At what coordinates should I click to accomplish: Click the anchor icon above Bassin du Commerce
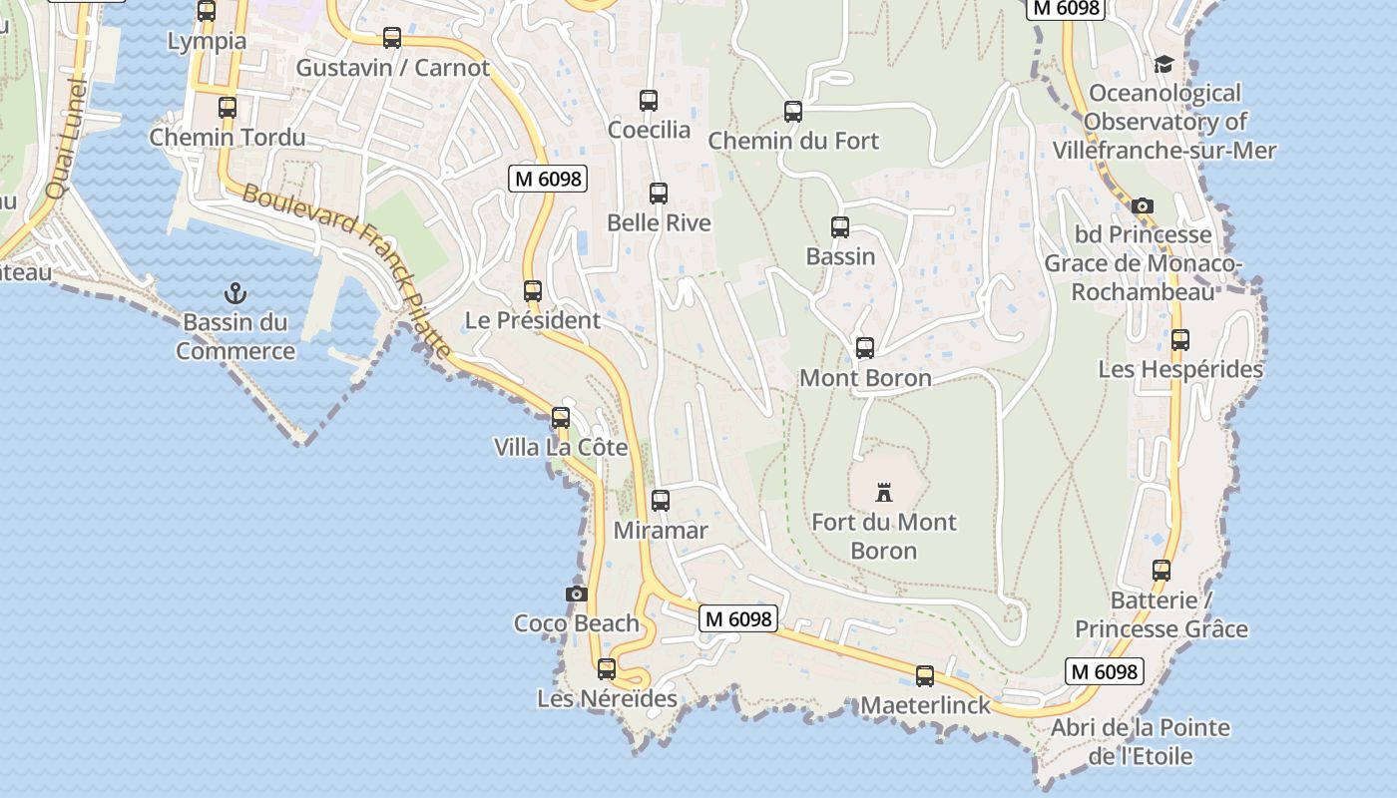click(x=235, y=293)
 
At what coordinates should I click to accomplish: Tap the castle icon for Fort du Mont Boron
click(x=883, y=492)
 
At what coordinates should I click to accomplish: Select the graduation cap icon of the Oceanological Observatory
click(x=1164, y=65)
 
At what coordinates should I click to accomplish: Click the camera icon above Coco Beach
click(x=576, y=594)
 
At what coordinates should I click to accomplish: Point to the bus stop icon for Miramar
click(x=660, y=501)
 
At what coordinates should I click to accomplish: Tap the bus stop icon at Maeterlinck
click(x=925, y=676)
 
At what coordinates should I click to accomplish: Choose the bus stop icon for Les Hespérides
click(x=1180, y=340)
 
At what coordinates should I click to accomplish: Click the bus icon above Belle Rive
click(x=659, y=194)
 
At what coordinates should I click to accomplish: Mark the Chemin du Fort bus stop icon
click(x=793, y=112)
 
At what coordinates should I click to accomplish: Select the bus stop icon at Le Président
click(x=533, y=291)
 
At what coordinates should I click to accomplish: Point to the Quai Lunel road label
click(x=66, y=140)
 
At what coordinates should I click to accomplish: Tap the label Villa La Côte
click(x=561, y=448)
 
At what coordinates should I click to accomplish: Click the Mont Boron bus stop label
click(x=865, y=378)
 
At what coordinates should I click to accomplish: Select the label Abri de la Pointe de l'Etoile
click(x=1140, y=741)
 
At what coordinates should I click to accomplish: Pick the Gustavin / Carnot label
click(x=393, y=68)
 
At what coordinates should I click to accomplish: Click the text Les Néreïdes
click(x=607, y=698)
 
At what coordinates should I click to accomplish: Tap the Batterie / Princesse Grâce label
click(x=1161, y=614)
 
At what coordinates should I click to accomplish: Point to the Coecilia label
click(x=649, y=130)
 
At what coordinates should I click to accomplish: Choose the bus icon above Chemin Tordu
click(x=228, y=108)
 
